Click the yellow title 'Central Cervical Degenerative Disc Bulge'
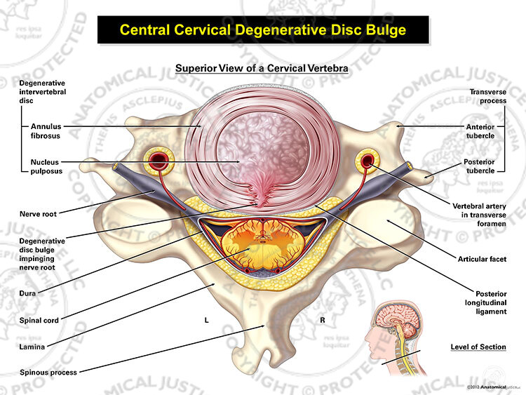point(263,30)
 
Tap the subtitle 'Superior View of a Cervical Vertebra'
point(262,68)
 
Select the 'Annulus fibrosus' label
point(46,131)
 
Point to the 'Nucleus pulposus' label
point(46,166)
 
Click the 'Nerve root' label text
point(38,214)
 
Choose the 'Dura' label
point(27,293)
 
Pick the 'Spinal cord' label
point(39,321)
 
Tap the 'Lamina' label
point(32,347)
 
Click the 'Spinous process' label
point(48,372)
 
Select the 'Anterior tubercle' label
point(480,131)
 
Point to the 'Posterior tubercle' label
point(479,166)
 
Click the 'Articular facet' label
point(482,259)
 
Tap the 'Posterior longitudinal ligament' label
point(485,302)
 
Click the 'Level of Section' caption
point(478,347)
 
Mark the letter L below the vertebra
point(207,321)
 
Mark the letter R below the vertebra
point(323,321)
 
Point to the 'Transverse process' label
point(487,96)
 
